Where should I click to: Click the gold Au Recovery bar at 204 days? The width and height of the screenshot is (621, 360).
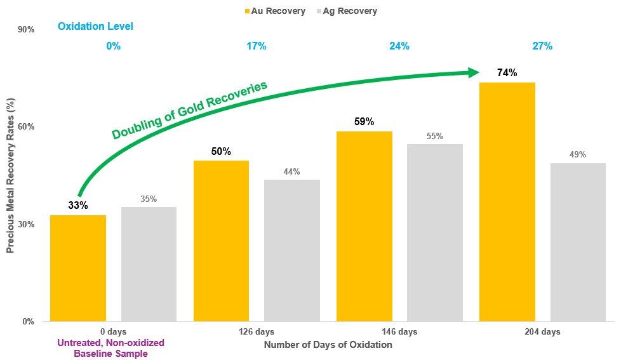507,202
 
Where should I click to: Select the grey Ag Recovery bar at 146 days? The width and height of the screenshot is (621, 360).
435,232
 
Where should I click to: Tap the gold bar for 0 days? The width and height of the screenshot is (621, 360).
78,268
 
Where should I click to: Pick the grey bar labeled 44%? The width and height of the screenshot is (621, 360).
292,250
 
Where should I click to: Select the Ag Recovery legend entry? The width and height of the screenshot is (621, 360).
345,11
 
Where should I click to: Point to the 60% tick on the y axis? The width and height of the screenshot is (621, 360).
26,127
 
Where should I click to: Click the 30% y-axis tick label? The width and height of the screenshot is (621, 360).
26,224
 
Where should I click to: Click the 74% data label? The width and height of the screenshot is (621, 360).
507,73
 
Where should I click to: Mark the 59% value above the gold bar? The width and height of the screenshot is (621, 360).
364,121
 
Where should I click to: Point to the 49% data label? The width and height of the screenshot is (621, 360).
578,155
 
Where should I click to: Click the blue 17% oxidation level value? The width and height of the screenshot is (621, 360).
257,46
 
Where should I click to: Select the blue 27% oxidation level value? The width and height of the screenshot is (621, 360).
542,46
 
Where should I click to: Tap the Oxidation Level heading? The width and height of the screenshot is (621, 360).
95,27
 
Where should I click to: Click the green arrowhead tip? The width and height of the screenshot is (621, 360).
477,72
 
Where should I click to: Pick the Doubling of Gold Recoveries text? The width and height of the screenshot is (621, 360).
189,110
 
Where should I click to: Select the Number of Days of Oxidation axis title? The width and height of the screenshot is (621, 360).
328,345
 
